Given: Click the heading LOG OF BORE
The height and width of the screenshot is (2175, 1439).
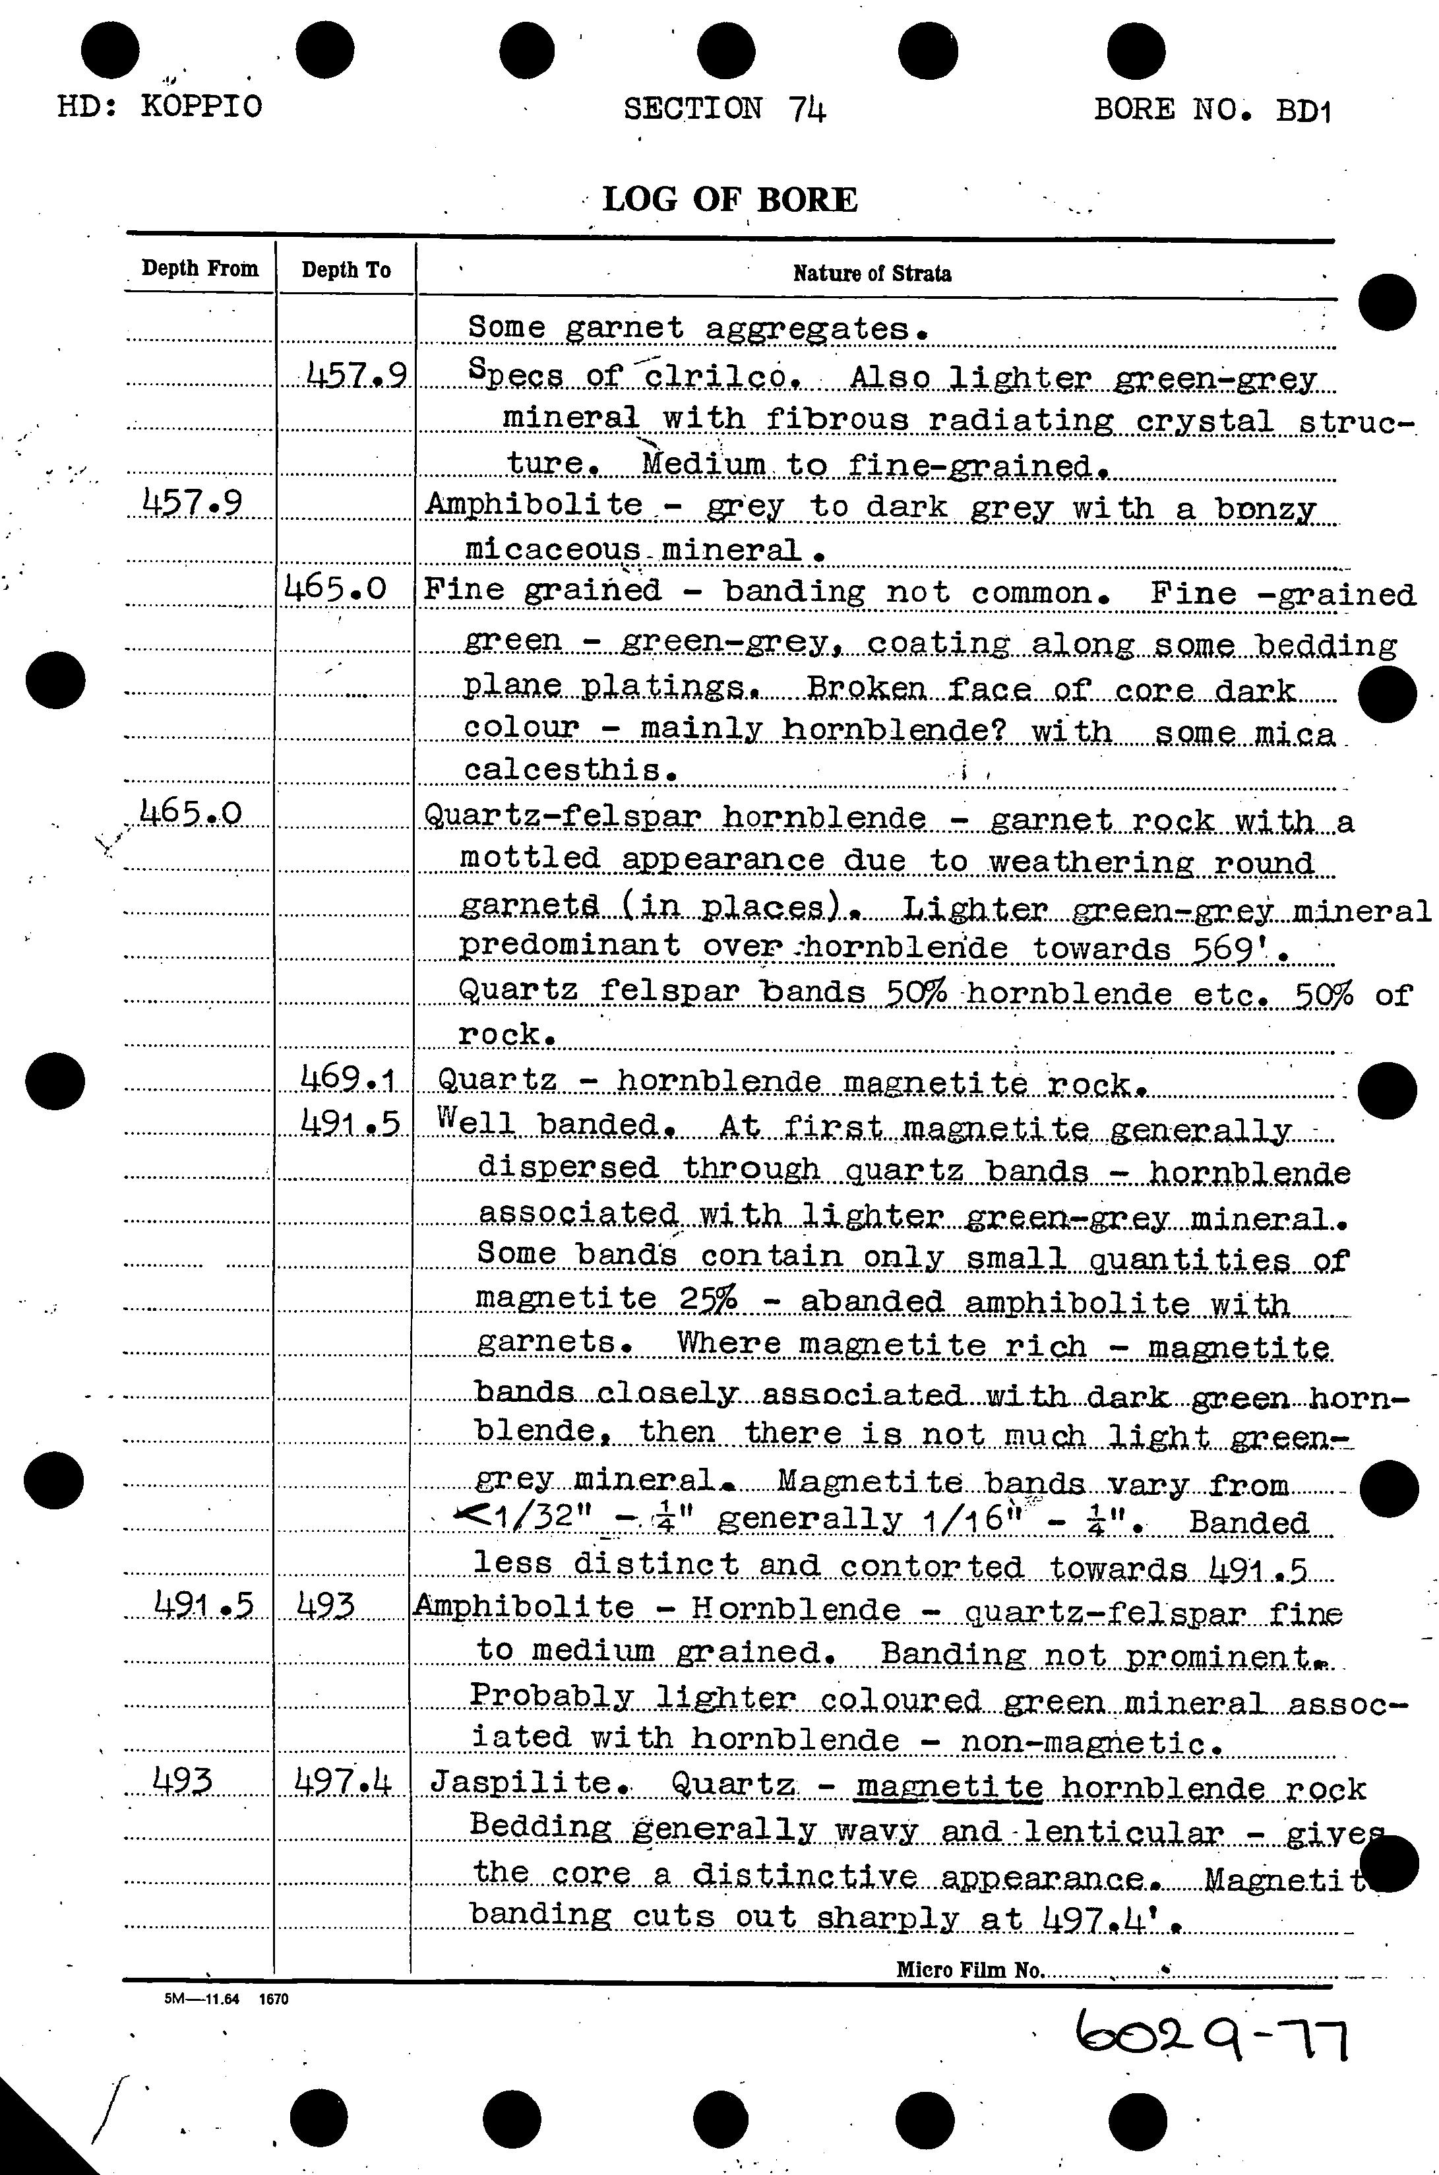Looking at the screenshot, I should point(729,199).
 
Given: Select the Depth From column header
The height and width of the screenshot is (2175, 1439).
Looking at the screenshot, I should point(200,269).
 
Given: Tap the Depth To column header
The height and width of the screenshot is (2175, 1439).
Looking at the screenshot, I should point(346,270).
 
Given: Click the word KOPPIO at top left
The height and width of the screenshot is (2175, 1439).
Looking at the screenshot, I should point(201,106).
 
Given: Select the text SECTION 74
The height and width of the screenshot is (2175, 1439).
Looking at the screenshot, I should point(725,110).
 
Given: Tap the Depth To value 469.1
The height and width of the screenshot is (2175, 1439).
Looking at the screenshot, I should point(348,1079).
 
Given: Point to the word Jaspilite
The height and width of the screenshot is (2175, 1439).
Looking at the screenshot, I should point(521,1782).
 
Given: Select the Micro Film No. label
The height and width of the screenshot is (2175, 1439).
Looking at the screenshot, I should point(969,1969).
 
